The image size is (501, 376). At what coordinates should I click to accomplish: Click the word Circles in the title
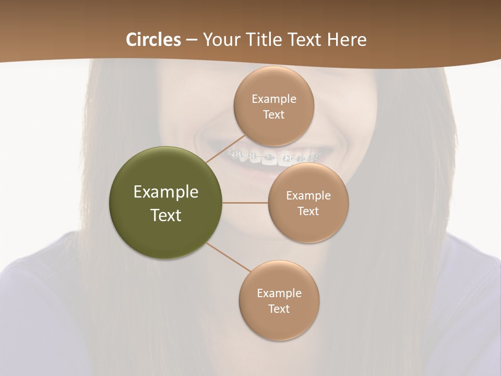[x=153, y=40]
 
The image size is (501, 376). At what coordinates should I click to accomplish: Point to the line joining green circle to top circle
[x=225, y=149]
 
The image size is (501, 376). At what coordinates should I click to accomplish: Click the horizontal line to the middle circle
[x=245, y=203]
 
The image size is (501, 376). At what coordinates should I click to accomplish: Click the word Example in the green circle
[x=166, y=192]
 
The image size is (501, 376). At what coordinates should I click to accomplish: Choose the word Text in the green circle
[x=166, y=215]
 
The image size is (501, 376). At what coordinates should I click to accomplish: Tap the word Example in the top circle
[x=273, y=99]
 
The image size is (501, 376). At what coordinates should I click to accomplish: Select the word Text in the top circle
[x=273, y=114]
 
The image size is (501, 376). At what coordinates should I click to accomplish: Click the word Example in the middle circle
[x=308, y=195]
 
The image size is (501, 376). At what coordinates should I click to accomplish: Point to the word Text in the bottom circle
[x=279, y=309]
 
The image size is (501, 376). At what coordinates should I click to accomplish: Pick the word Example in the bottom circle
[x=279, y=293]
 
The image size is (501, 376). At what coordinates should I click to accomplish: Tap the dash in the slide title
[x=192, y=40]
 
